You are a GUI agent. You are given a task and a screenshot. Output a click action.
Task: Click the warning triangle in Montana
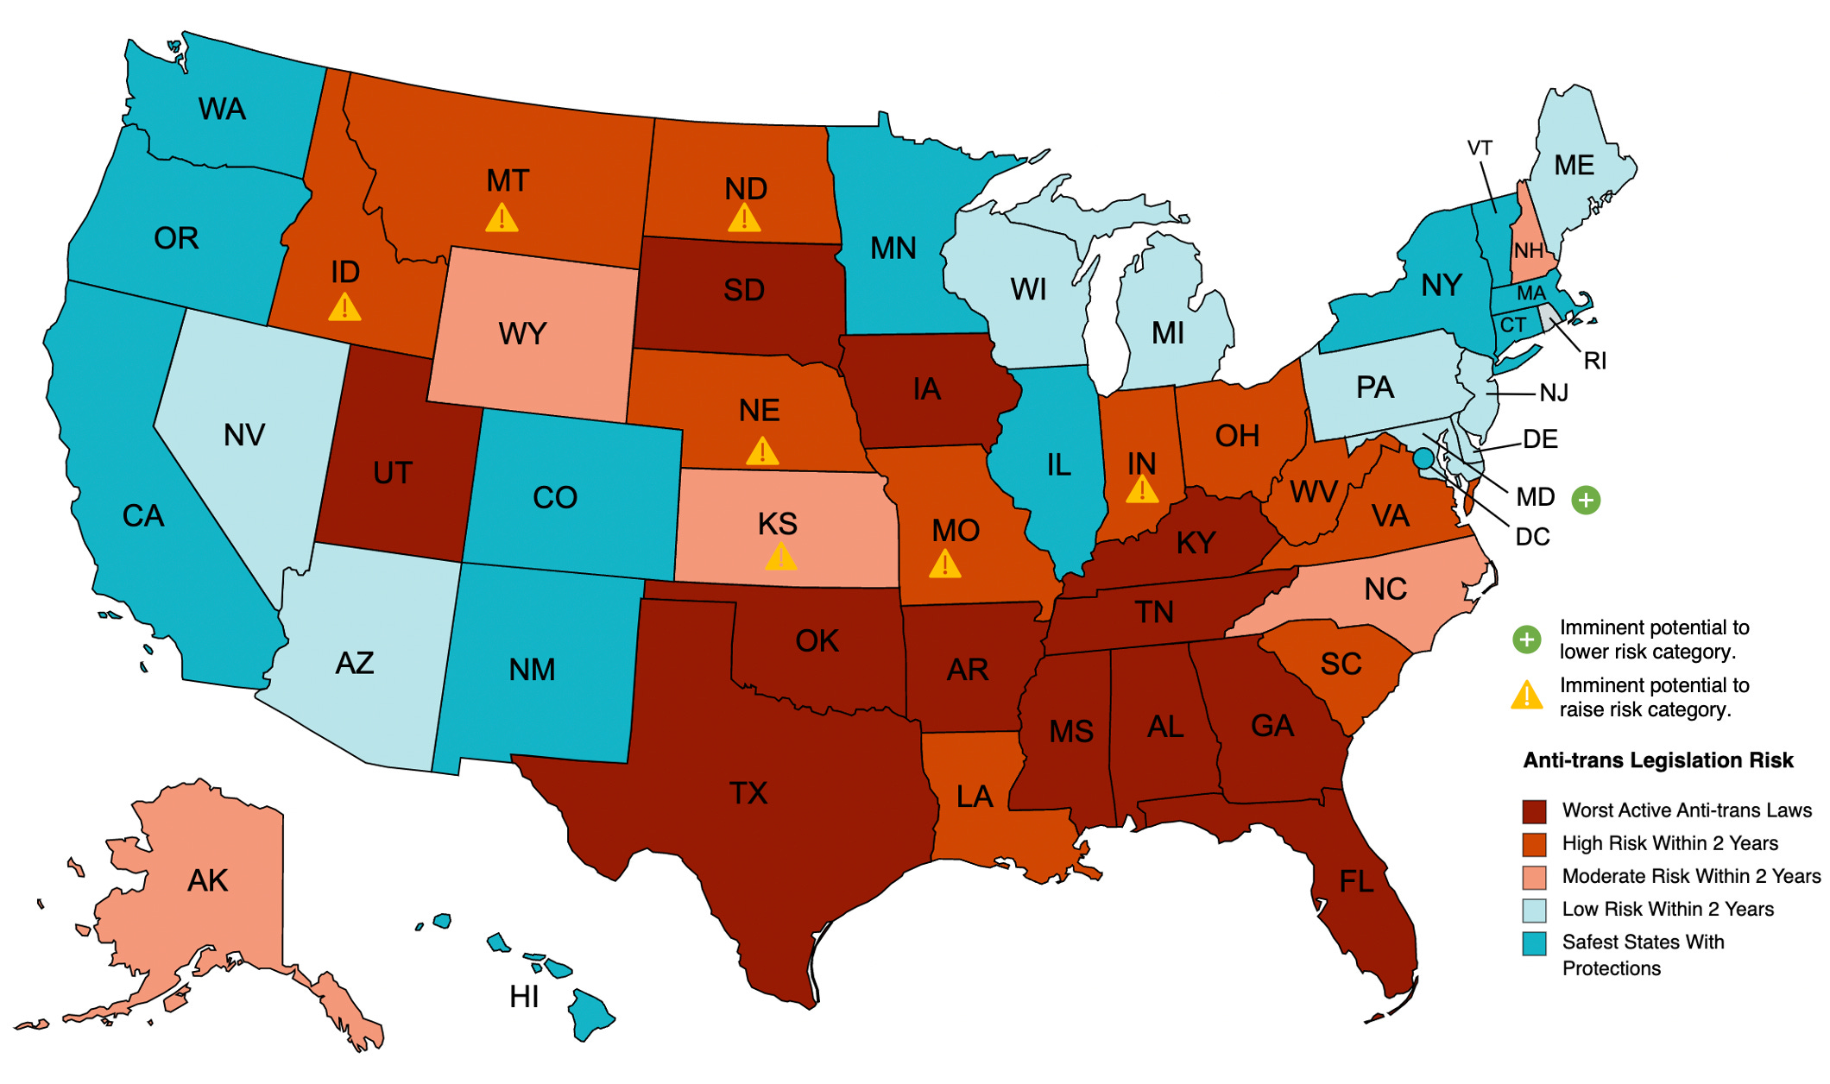(502, 218)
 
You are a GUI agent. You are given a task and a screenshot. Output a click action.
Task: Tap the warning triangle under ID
(344, 307)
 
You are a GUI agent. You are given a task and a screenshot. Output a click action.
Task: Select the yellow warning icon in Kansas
(781, 557)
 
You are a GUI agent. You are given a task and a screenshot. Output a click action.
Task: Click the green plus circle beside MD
(1586, 500)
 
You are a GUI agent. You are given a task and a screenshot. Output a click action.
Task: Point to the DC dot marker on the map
(1423, 458)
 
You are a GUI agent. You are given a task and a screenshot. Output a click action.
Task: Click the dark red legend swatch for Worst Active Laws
(1534, 811)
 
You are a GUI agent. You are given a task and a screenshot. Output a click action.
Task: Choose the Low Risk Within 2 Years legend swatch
(1534, 910)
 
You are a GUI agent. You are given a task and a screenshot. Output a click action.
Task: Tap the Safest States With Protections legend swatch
(1534, 943)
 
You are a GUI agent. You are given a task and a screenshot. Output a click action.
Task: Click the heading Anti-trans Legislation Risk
(1657, 760)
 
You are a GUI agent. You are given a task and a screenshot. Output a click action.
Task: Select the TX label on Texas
(748, 793)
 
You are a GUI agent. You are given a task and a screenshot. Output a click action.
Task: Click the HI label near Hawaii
(524, 997)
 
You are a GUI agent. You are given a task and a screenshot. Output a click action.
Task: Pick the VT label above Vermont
(1480, 148)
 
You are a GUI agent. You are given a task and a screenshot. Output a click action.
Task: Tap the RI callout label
(1594, 361)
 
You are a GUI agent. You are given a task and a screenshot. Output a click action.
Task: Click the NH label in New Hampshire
(1528, 251)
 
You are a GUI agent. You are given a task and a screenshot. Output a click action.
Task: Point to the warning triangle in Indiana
(1142, 490)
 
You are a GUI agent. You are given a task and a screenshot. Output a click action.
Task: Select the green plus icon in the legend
(1527, 640)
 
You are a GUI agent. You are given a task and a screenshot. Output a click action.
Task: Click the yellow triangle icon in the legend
(1527, 696)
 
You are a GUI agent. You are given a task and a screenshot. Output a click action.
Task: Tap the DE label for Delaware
(1540, 439)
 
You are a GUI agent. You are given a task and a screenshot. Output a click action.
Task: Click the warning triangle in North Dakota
(744, 217)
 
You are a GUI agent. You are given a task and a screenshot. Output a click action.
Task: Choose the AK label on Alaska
(207, 881)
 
